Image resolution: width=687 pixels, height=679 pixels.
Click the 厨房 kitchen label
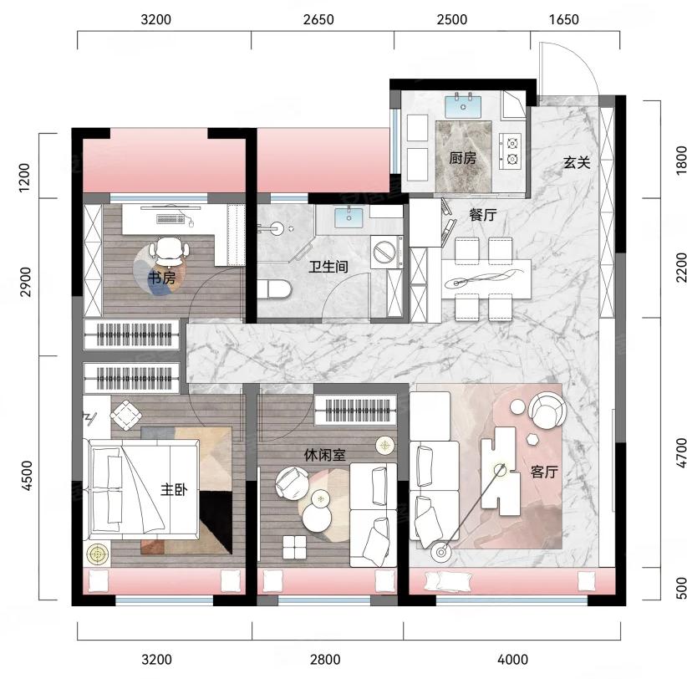pyautogui.click(x=463, y=158)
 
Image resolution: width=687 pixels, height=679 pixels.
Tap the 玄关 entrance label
pyautogui.click(x=577, y=162)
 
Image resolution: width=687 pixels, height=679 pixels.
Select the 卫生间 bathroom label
pyautogui.click(x=328, y=267)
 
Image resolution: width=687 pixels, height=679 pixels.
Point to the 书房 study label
pyautogui.click(x=161, y=278)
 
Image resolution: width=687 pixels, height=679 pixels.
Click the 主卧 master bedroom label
pyautogui.click(x=174, y=489)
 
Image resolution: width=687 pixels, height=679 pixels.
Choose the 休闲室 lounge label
pyautogui.click(x=324, y=456)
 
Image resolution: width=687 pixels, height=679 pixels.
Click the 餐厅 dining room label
pyautogui.click(x=483, y=215)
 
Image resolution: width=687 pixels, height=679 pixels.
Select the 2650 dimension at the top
pyautogui.click(x=318, y=20)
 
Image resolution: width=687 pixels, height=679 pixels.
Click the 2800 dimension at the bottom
pyautogui.click(x=325, y=659)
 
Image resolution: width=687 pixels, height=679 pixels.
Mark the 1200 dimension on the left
pyautogui.click(x=25, y=177)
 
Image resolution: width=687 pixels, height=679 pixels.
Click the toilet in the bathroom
pyautogui.click(x=274, y=289)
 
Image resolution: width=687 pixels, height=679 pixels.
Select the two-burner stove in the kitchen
pyautogui.click(x=511, y=151)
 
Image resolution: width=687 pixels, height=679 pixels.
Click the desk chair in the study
pyautogui.click(x=170, y=252)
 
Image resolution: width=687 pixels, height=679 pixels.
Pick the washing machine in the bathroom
pyautogui.click(x=386, y=252)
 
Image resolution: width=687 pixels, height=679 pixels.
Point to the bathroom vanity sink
pyautogui.click(x=349, y=218)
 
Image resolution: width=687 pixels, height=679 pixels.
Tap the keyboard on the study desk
pyautogui.click(x=170, y=219)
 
